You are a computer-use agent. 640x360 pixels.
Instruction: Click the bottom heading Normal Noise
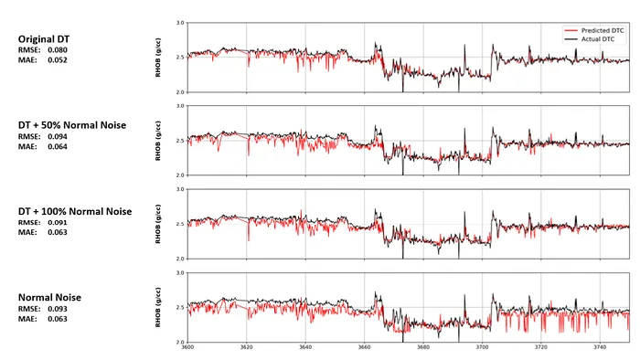click(x=50, y=298)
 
